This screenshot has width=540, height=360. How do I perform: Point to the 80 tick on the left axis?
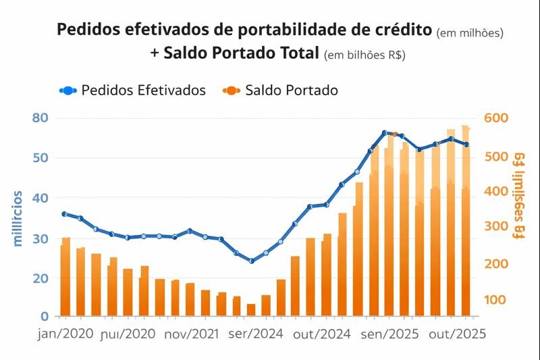point(42,118)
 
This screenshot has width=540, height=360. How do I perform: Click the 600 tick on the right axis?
point(499,118)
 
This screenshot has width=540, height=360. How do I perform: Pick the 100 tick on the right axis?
point(498,300)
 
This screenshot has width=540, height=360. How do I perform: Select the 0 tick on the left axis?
point(45,315)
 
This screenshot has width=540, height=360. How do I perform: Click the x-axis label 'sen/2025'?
point(389,334)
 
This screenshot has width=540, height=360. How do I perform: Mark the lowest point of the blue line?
point(251,261)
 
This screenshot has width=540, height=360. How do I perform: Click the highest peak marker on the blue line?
point(384,133)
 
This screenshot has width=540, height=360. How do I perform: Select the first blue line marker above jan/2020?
point(65,214)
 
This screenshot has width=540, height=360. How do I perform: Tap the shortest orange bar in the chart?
point(251,310)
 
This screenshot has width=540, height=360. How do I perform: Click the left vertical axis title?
point(18,218)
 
